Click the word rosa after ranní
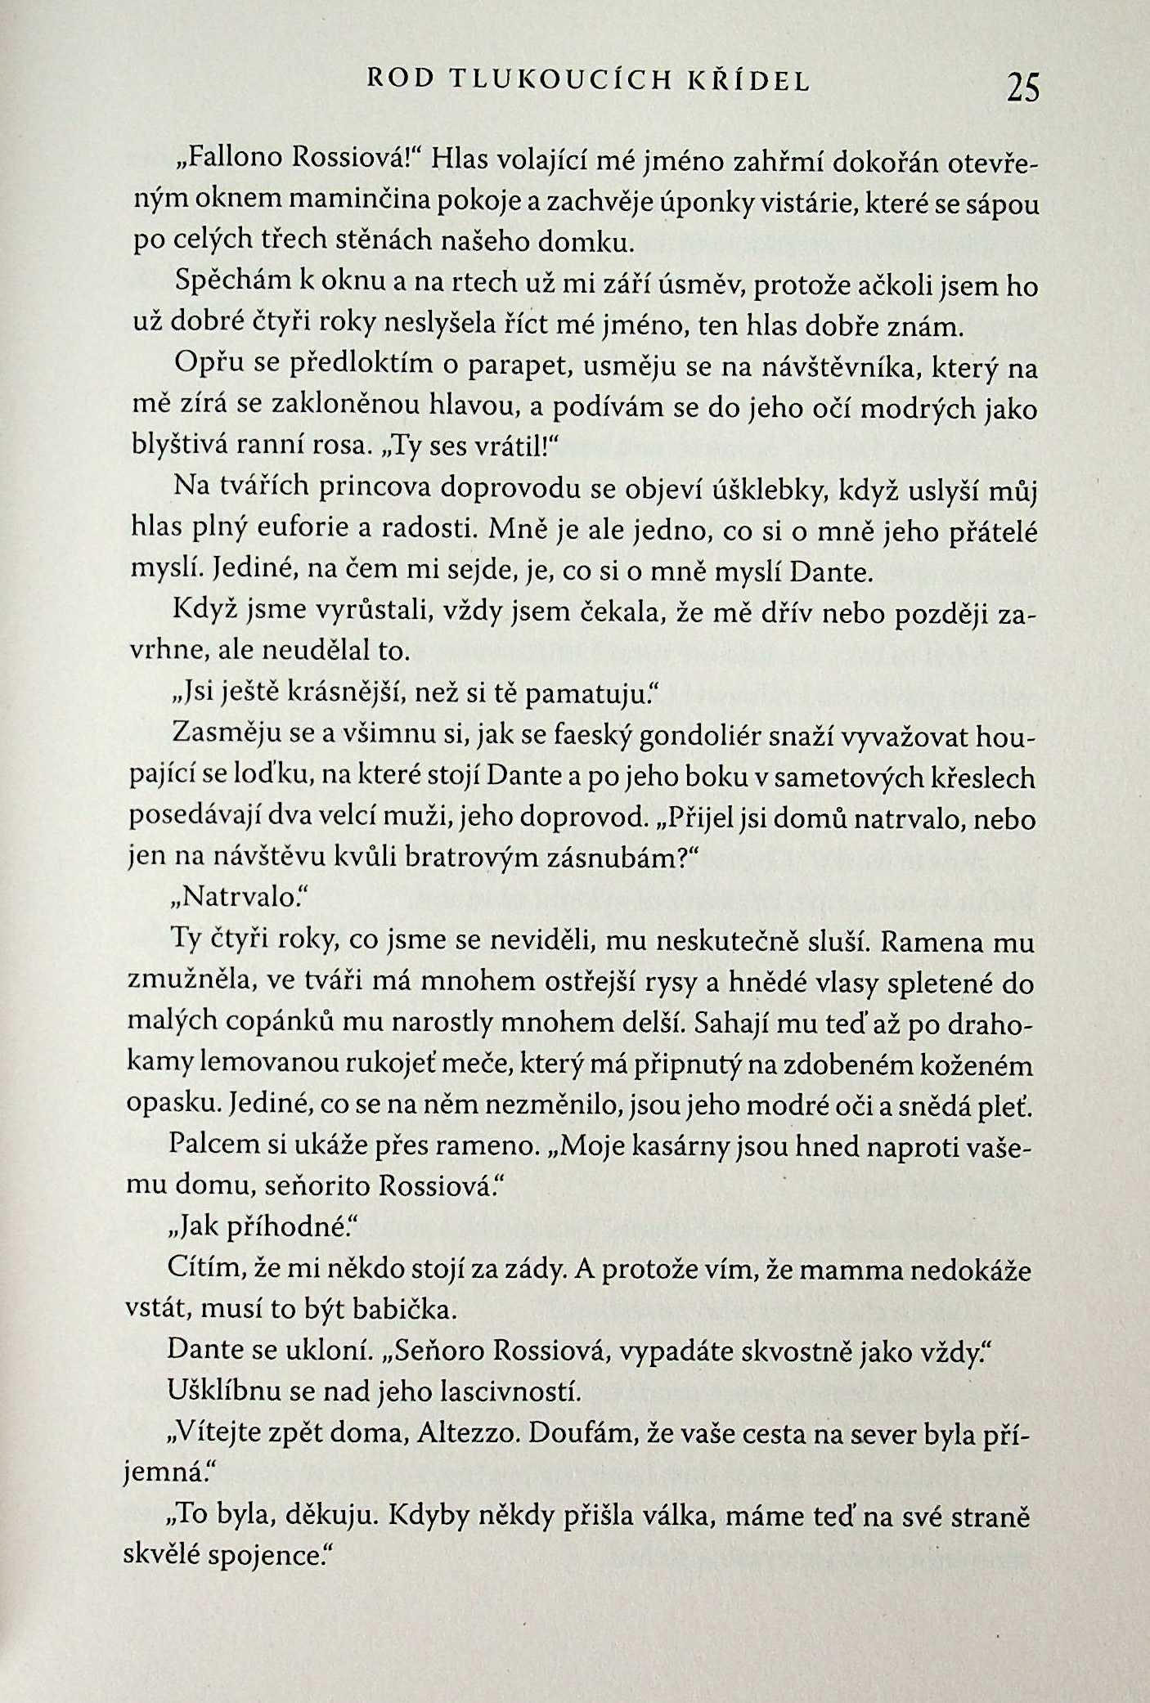pyautogui.click(x=343, y=446)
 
